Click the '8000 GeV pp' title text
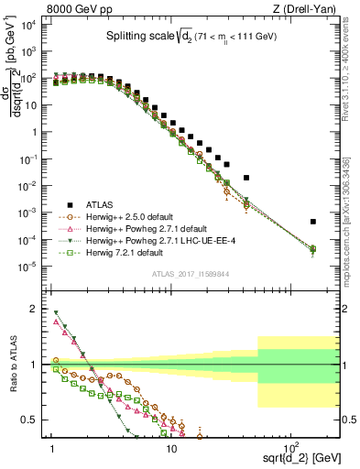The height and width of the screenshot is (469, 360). [x=80, y=10]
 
